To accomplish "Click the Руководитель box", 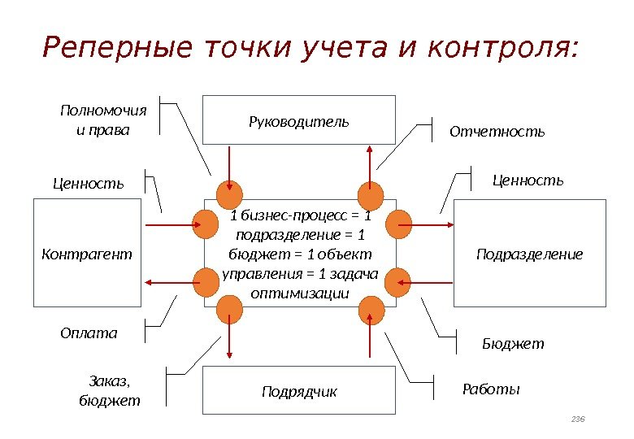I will point(298,120).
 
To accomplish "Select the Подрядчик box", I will point(298,392).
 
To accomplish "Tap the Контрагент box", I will point(86,254).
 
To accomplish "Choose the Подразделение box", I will point(529,254).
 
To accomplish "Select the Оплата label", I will point(89,333).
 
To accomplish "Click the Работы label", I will point(490,389).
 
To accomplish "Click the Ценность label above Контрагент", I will point(89,184).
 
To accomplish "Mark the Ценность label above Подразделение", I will point(528,180).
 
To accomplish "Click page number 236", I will point(578,418).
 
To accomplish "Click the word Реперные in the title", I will point(96,49).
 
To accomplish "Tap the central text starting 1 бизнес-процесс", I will point(300,254).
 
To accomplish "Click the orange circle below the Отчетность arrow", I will point(371,196).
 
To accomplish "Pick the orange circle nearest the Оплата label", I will point(204,282).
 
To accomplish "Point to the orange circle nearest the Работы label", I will point(371,307).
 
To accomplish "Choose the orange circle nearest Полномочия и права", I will point(230,196).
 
